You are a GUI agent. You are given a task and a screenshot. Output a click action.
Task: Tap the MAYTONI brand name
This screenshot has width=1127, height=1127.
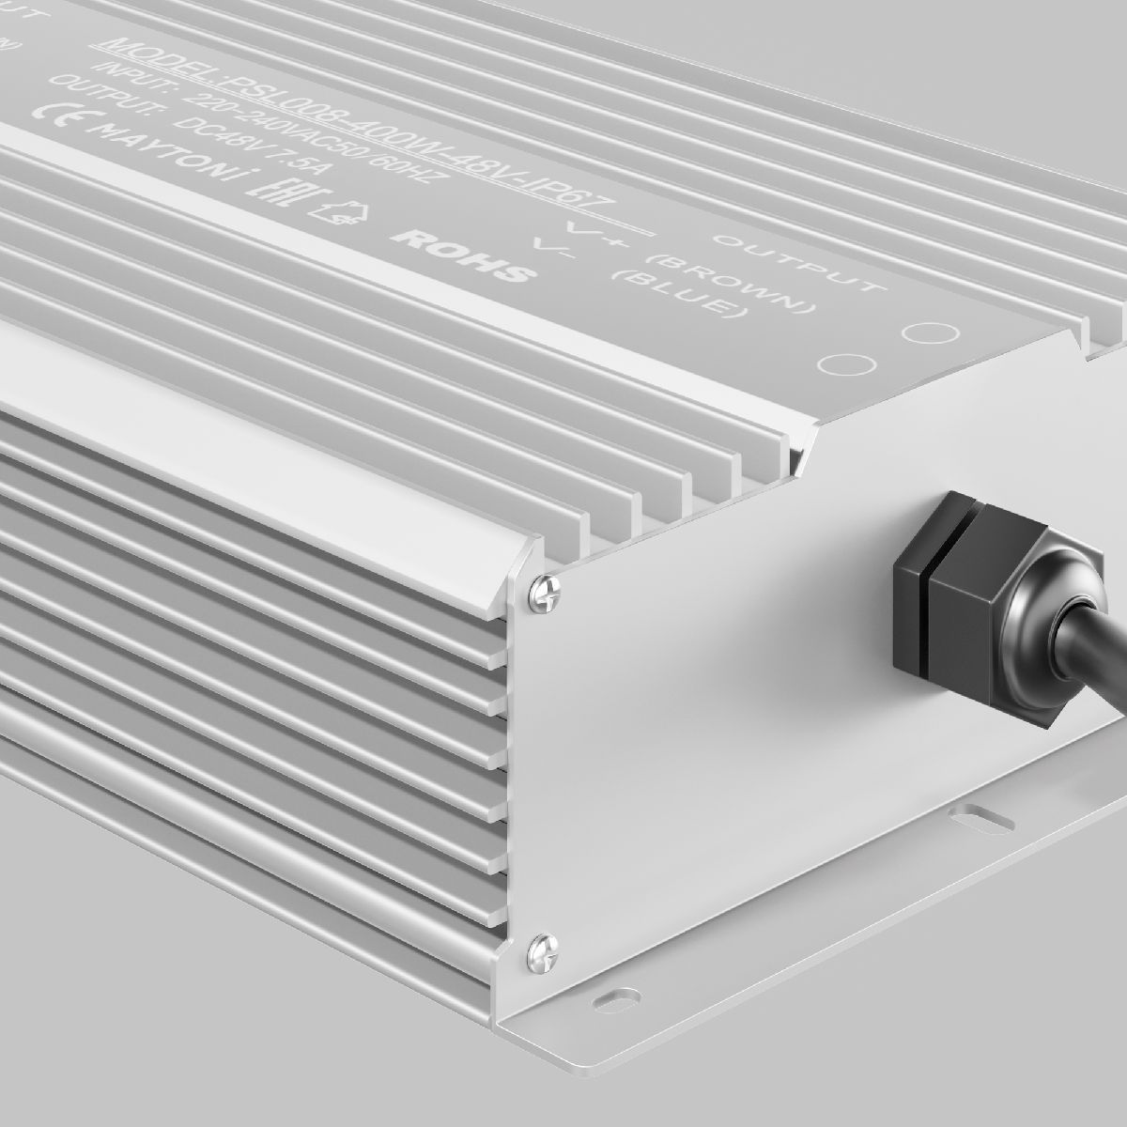click(160, 155)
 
